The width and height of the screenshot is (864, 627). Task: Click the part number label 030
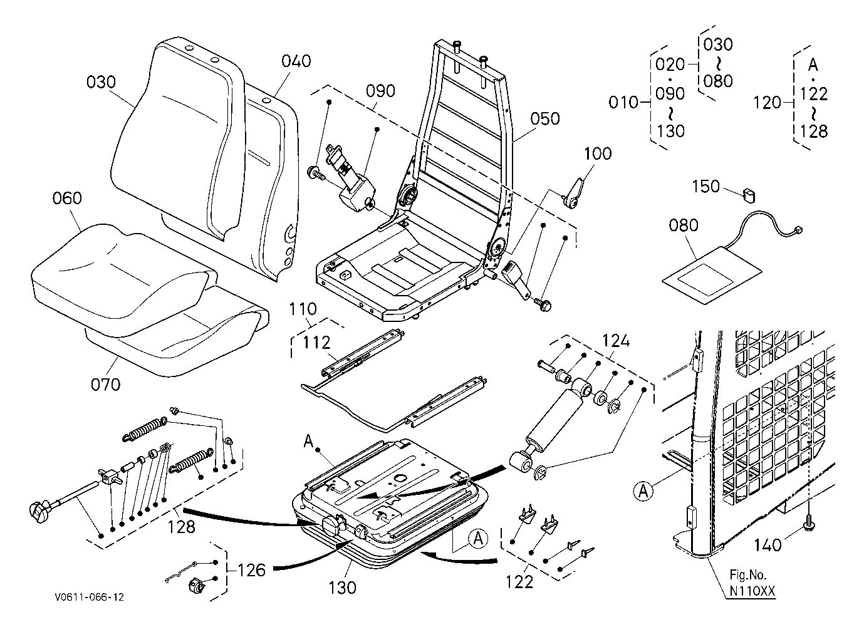pyautogui.click(x=101, y=83)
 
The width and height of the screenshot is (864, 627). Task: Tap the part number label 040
pyautogui.click(x=296, y=61)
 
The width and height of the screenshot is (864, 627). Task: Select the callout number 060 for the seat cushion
pyautogui.click(x=67, y=199)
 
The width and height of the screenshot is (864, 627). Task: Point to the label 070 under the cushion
pyautogui.click(x=105, y=383)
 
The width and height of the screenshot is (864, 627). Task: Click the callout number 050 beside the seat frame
pyautogui.click(x=545, y=119)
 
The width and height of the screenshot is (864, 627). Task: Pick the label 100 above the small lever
pyautogui.click(x=598, y=153)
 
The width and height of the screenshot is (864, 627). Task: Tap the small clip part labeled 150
pyautogui.click(x=747, y=195)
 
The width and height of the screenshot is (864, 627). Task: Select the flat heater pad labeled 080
pyautogui.click(x=712, y=273)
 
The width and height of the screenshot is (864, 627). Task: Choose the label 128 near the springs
pyautogui.click(x=182, y=526)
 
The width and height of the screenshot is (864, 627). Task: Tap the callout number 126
pyautogui.click(x=252, y=570)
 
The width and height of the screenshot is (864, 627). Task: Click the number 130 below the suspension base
pyautogui.click(x=342, y=588)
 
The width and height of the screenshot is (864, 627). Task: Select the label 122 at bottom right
pyautogui.click(x=519, y=582)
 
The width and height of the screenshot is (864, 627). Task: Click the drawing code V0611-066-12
pyautogui.click(x=88, y=598)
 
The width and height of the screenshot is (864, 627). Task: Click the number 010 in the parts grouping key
pyautogui.click(x=623, y=102)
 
